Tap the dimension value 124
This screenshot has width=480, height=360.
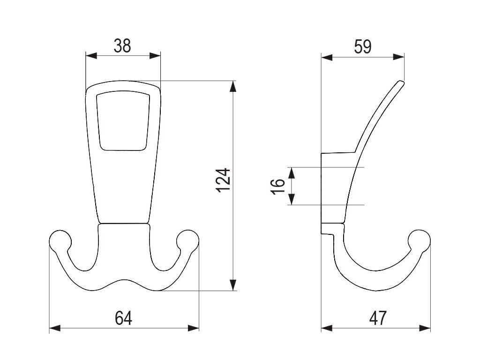click(225, 180)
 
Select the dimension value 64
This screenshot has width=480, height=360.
click(123, 318)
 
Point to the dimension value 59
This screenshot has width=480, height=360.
click(362, 47)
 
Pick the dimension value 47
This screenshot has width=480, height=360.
click(377, 318)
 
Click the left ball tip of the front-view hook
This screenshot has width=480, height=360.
click(60, 240)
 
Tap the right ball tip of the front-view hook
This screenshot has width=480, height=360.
click(188, 240)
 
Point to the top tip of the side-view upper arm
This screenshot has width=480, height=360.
click(401, 83)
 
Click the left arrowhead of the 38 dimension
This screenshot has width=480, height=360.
click(90, 56)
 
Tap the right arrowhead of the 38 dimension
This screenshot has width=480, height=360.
click(156, 56)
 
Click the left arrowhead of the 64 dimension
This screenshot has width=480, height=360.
click(54, 328)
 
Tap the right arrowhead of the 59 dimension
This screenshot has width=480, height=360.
click(399, 57)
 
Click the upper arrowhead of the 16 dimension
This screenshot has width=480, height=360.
click(292, 172)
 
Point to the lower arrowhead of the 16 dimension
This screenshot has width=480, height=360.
click(292, 199)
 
